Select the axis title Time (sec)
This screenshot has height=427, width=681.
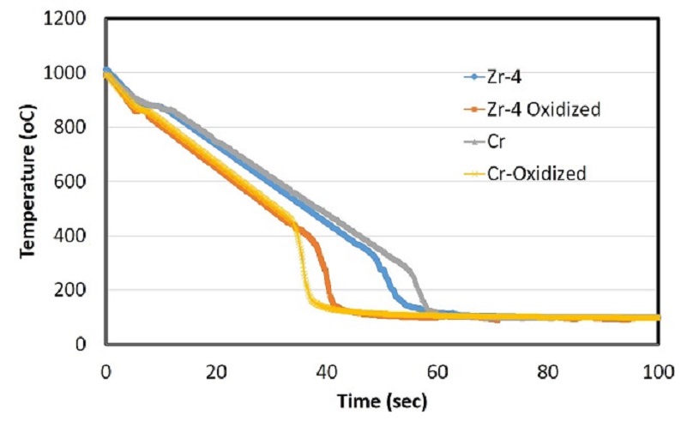tap(382, 401)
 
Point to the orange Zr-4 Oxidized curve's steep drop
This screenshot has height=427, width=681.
tap(327, 274)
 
